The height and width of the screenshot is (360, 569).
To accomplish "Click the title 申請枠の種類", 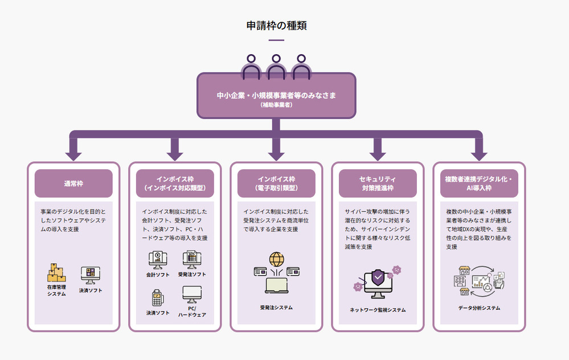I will (276, 26).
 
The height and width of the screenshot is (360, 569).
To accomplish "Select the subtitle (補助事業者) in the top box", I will (276, 105).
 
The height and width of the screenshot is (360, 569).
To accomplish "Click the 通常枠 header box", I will (73, 183).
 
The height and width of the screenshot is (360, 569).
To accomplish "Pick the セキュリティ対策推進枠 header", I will (378, 183).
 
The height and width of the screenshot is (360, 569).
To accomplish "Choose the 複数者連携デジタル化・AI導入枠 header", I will (479, 183).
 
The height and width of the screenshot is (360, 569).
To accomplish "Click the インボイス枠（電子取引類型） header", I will (276, 183).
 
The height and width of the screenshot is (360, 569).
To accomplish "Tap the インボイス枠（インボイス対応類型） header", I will (175, 183).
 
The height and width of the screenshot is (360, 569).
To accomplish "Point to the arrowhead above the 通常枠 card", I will (73, 154).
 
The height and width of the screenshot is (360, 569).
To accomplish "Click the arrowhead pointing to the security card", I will (378, 154).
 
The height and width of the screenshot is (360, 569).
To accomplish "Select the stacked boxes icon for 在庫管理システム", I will (56, 273).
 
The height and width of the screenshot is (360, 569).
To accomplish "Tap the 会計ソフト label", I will (158, 275).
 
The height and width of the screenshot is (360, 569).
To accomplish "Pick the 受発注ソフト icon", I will (192, 260).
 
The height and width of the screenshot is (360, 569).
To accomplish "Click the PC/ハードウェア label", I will (192, 311).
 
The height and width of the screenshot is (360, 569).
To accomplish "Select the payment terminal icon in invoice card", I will (158, 297).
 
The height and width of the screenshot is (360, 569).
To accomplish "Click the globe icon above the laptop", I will (276, 260).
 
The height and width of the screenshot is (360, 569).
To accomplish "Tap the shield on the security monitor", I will (377, 278).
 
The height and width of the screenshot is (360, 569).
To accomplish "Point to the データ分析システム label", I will (479, 308).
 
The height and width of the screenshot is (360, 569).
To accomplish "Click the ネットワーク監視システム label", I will (378, 310).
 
